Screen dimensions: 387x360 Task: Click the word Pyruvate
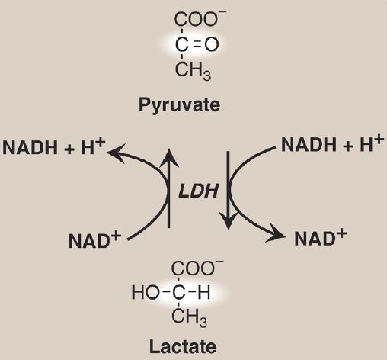coord(179,105)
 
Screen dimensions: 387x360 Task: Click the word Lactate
coord(183,346)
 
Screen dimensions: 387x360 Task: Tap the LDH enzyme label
coord(198,191)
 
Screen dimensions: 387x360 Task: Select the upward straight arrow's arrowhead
coord(169,158)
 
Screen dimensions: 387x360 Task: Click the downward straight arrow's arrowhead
coord(229,220)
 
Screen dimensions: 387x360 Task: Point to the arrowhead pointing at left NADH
coord(117,153)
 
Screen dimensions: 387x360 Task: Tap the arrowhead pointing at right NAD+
coord(276,233)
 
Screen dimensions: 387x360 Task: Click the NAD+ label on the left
coord(94,240)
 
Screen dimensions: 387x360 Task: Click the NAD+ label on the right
coord(321,238)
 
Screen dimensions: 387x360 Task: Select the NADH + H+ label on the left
coord(54,146)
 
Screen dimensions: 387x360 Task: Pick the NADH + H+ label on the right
coord(332,144)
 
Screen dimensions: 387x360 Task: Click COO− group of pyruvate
coord(200,19)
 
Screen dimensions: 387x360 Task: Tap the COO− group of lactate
coord(197,268)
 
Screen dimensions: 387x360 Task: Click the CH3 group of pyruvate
coord(193,70)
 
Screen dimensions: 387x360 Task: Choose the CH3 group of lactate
coord(190,317)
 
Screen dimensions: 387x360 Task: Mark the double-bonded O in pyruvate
coord(212,45)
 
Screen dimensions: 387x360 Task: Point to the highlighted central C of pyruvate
coord(182,45)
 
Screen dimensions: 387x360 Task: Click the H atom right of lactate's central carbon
coord(203,292)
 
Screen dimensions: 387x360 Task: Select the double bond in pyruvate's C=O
coord(197,45)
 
